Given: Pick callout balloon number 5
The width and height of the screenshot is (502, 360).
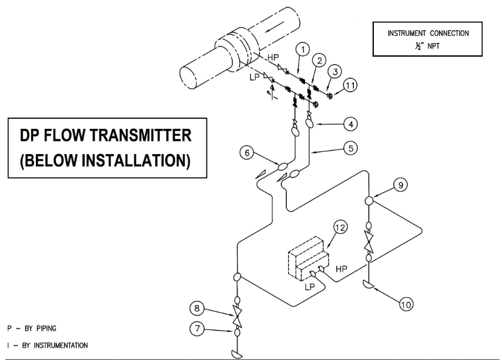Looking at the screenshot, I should click(351, 149).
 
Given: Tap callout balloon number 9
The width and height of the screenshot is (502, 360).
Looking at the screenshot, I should click(399, 184).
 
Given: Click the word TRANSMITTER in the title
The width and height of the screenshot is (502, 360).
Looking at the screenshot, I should click(139, 136).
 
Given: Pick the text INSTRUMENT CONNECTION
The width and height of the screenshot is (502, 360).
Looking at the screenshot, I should click(427, 33).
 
